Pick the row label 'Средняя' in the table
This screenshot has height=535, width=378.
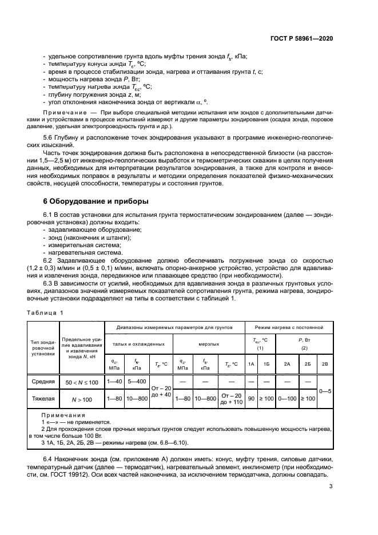[x=43, y=381]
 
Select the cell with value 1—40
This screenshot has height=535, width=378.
[x=114, y=381]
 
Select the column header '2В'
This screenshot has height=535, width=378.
[x=325, y=364]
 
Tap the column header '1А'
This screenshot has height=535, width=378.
[x=251, y=364]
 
